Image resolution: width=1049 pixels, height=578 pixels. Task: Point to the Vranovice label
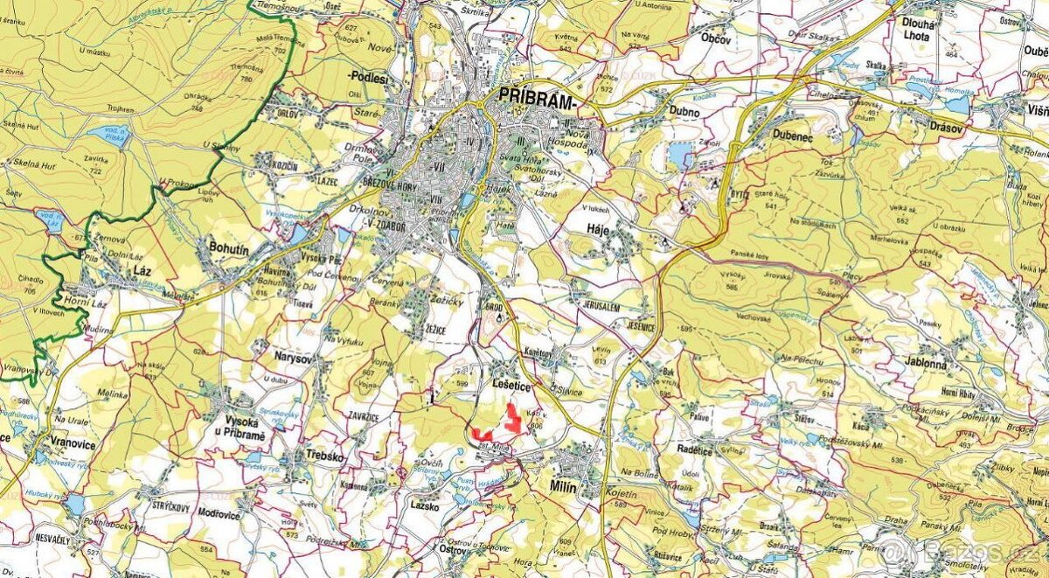point(72,442)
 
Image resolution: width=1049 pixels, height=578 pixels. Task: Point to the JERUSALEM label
point(599,308)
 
